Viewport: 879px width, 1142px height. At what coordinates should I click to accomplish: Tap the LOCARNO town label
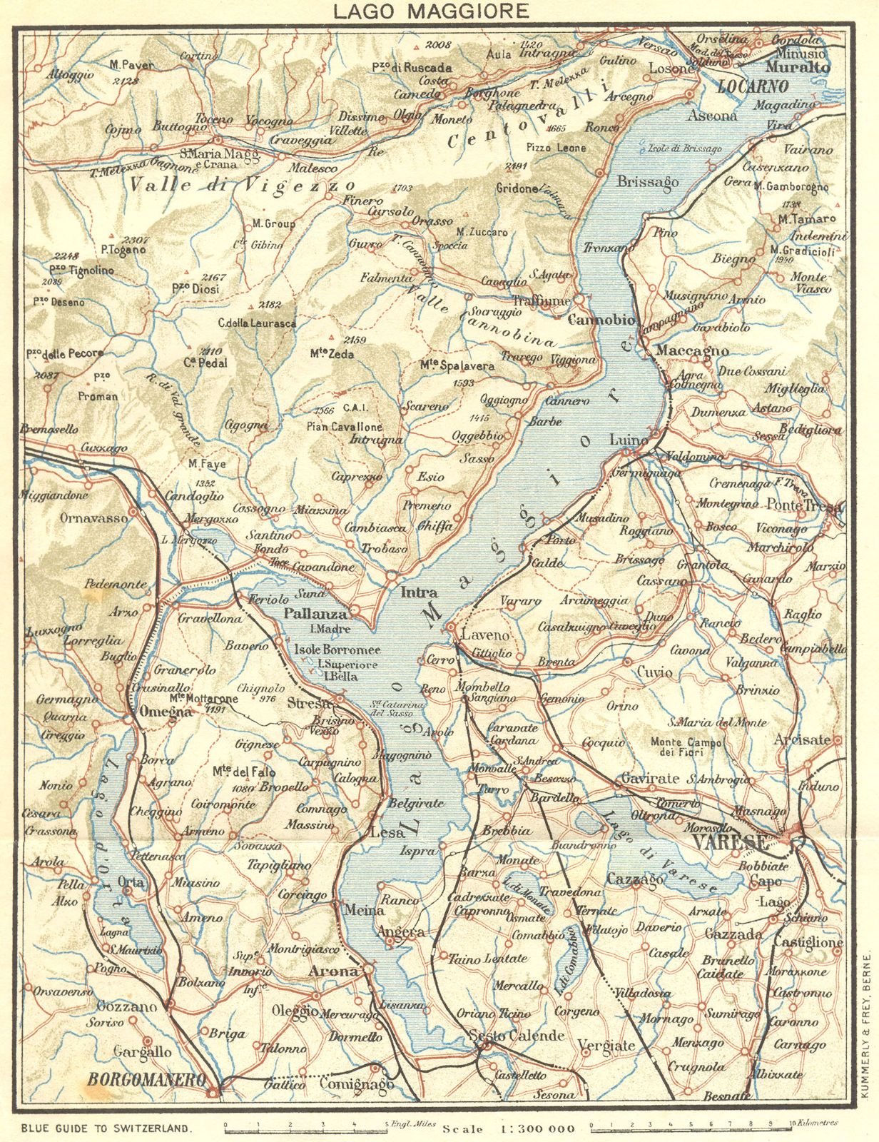pos(752,87)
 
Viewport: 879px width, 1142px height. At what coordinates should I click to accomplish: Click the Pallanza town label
pos(315,613)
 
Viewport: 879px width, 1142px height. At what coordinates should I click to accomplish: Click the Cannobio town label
pos(601,320)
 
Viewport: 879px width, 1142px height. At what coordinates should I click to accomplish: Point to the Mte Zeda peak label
pos(332,353)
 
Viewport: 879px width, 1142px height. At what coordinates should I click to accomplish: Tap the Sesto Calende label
pos(516,1035)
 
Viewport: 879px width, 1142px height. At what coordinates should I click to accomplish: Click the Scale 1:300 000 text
pos(508,1128)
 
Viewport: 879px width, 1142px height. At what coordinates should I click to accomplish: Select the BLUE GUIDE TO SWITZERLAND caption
pos(106,1128)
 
